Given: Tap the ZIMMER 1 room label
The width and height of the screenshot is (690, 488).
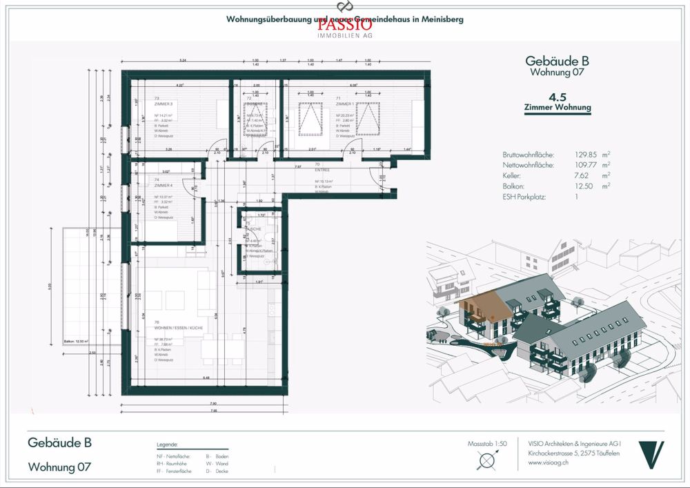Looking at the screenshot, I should (x=344, y=105).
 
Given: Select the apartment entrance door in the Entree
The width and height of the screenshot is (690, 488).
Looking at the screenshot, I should (x=380, y=181).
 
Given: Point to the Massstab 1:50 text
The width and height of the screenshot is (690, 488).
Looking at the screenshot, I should (x=487, y=443).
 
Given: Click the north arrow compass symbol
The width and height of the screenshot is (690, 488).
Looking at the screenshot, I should (x=488, y=460).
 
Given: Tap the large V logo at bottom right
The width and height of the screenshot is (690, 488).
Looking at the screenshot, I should (x=651, y=455).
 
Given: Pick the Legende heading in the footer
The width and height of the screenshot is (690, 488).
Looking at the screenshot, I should (x=168, y=445).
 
